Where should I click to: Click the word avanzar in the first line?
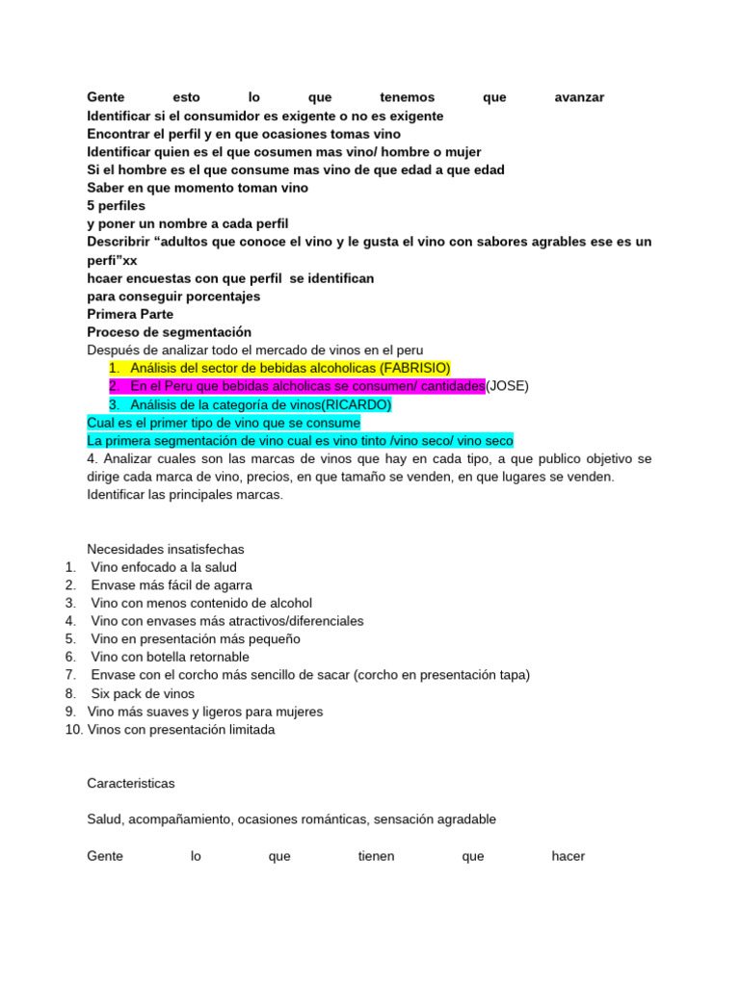pyautogui.click(x=579, y=97)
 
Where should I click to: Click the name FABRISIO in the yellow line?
pyautogui.click(x=414, y=368)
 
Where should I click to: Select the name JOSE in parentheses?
pyautogui.click(x=507, y=386)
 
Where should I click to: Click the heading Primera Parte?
pyautogui.click(x=130, y=314)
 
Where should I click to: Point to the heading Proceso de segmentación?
pyautogui.click(x=169, y=332)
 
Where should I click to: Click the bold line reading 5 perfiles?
pyautogui.click(x=116, y=206)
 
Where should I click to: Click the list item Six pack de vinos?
pyautogui.click(x=143, y=693)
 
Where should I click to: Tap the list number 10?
pyautogui.click(x=73, y=730)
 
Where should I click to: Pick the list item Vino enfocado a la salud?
pyautogui.click(x=164, y=567)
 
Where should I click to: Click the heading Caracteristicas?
pyautogui.click(x=131, y=784)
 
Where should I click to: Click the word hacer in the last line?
pyautogui.click(x=568, y=856)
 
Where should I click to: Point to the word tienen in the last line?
pyautogui.click(x=376, y=856)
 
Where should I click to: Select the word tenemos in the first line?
pyautogui.click(x=408, y=97)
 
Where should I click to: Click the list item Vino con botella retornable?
pyautogui.click(x=171, y=657)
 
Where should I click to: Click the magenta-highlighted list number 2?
pyautogui.click(x=114, y=386)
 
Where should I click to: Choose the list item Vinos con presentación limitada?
pyautogui.click(x=181, y=730)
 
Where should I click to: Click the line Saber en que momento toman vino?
pyautogui.click(x=198, y=188)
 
